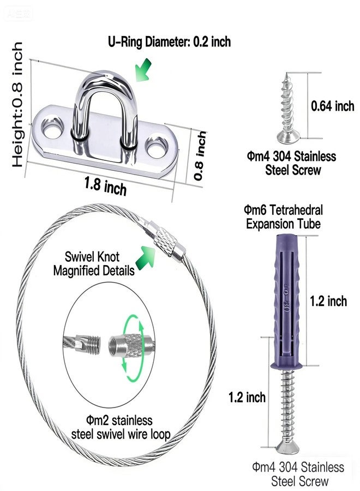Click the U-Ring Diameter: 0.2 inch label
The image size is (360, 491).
click(169, 41)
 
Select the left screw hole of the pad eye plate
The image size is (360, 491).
click(52, 128)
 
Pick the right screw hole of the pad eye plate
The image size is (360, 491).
click(157, 147)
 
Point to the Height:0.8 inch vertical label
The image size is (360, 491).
click(17, 104)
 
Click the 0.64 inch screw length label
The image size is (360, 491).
click(332, 106)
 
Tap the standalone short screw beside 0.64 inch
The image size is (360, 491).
click(287, 108)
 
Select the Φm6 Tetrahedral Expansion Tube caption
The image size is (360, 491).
click(283, 217)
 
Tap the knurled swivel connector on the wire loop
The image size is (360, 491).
click(164, 242)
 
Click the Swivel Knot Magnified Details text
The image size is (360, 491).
click(93, 264)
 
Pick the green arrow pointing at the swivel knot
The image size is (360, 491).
click(145, 258)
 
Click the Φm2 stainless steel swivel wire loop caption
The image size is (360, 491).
click(120, 427)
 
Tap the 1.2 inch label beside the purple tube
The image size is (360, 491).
click(328, 301)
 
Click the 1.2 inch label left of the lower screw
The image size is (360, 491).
click(247, 397)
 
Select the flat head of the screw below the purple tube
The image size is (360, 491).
click(287, 448)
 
